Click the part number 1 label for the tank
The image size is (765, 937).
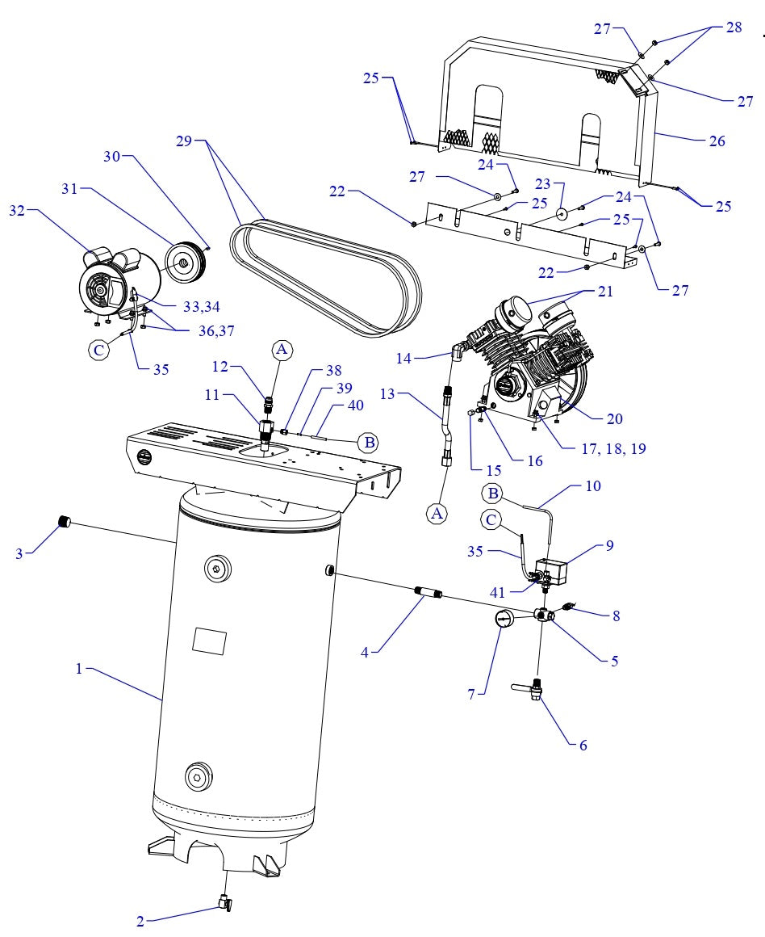78,669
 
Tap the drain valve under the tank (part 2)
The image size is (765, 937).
225,904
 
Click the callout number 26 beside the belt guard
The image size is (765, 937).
717,141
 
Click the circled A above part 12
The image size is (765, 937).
281,349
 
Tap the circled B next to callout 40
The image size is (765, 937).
369,442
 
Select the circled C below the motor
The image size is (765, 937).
98,349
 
